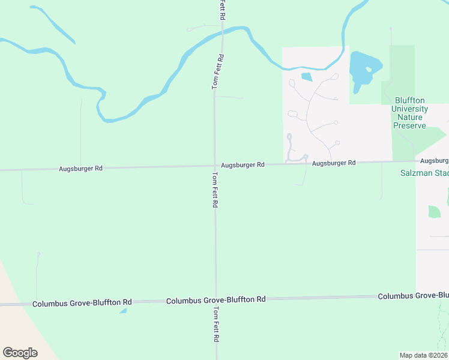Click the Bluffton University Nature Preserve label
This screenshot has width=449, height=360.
click(x=411, y=113)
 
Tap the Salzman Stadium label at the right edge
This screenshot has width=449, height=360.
click(x=424, y=174)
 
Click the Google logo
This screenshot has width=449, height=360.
click(x=20, y=353)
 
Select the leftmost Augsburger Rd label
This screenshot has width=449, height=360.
click(x=80, y=169)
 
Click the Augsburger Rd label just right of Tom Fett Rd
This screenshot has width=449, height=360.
click(x=243, y=164)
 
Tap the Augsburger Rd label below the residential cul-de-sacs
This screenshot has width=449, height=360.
click(x=334, y=163)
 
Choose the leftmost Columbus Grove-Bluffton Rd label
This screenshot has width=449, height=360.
click(x=82, y=303)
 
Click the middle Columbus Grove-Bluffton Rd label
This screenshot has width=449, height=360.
click(x=215, y=299)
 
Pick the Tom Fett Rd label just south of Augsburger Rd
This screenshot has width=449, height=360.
click(x=215, y=190)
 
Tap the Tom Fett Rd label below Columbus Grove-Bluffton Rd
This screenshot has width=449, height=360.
click(x=215, y=325)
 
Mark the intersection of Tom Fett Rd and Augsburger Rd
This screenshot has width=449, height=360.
click(x=215, y=166)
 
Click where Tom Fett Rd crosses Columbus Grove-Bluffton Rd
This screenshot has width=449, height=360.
click(x=215, y=299)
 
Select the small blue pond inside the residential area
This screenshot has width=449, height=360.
click(x=307, y=77)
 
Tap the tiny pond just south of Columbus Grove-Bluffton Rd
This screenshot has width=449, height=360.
click(x=123, y=311)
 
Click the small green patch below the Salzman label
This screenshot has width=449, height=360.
click(x=434, y=212)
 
